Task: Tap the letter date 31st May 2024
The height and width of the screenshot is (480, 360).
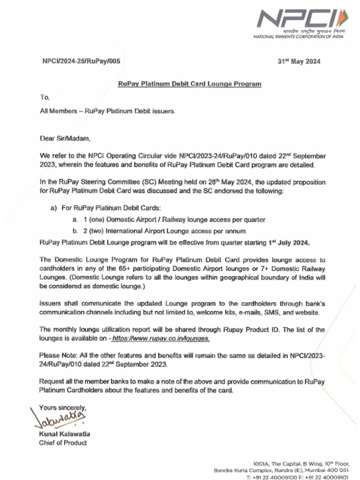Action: [x=299, y=61]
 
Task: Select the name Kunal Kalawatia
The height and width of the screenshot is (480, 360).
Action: [x=65, y=434]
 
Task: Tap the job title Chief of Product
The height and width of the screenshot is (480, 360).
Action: [x=63, y=442]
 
